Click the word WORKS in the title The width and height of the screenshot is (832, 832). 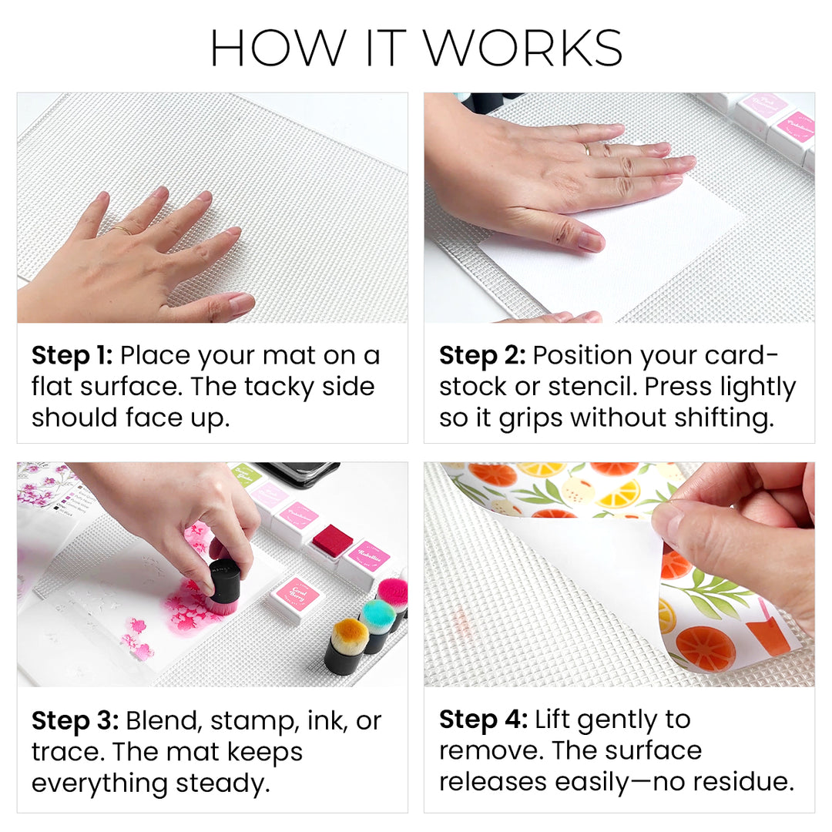[523, 49]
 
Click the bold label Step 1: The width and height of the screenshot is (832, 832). [72, 356]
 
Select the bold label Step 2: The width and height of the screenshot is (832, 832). [481, 356]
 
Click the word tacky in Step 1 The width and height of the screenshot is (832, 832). [278, 386]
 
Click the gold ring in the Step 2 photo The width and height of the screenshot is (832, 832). [587, 149]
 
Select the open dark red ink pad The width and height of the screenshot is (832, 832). [331, 540]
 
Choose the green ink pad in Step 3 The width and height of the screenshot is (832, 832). [246, 474]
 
